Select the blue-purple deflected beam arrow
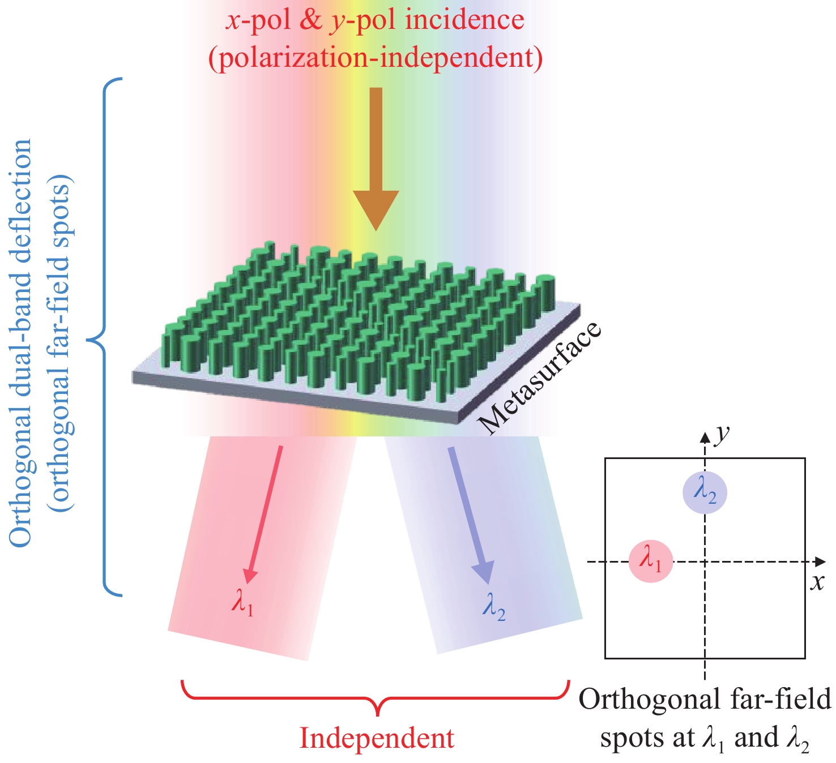pyautogui.click(x=470, y=515)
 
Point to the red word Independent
pyautogui.click(x=377, y=738)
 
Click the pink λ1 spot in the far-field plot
pyautogui.click(x=651, y=561)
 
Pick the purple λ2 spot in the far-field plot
pyautogui.click(x=705, y=492)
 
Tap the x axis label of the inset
pyautogui.click(x=816, y=582)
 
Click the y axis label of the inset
pyautogui.click(x=721, y=434)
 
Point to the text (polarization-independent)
pyautogui.click(x=376, y=57)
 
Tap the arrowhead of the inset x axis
pyautogui.click(x=820, y=561)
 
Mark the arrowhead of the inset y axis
pyautogui.click(x=705, y=436)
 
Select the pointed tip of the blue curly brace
pyautogui.click(x=89, y=340)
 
